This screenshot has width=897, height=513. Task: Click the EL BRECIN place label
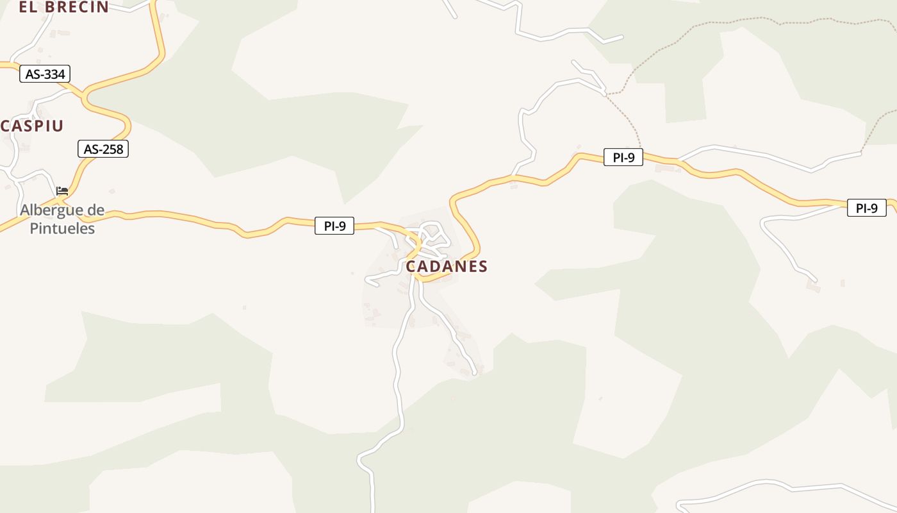pos(63,7)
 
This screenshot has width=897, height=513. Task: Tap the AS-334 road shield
pos(45,74)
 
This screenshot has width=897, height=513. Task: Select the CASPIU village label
pos(33,126)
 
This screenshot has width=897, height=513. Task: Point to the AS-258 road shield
pos(103,149)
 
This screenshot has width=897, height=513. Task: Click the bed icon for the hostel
pos(62,191)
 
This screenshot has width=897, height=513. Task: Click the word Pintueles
pos(62,228)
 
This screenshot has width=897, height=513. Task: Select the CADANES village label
pos(447,266)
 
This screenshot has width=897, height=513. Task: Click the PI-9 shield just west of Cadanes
pos(334,226)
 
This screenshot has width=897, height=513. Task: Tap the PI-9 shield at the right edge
pos(866,208)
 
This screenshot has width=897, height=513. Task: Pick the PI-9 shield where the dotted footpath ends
pos(623,157)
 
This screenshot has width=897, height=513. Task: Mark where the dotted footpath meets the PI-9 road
pos(641,155)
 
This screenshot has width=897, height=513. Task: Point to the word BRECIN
pos(77,7)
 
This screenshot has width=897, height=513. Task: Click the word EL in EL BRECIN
pos(27,7)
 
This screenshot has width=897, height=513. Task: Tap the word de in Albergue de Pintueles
pos(95,210)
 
